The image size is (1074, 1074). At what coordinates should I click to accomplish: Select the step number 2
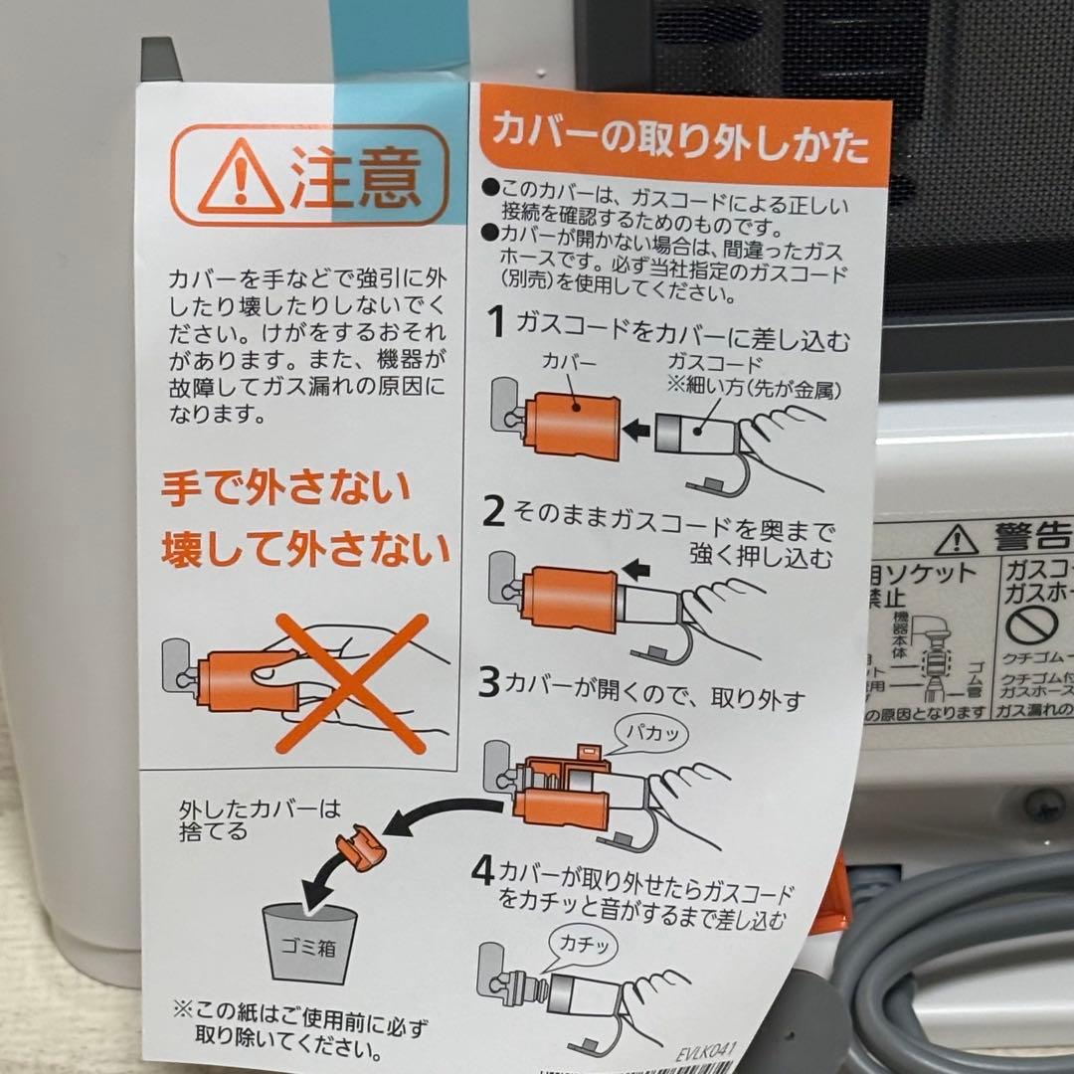pyautogui.click(x=494, y=512)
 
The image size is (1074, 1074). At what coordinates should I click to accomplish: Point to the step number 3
pyautogui.click(x=488, y=684)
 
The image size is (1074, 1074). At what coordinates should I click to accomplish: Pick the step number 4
pyautogui.click(x=482, y=873)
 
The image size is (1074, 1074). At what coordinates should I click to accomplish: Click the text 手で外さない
pyautogui.click(x=286, y=489)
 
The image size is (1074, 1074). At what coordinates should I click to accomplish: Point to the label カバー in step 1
pyautogui.click(x=569, y=364)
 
